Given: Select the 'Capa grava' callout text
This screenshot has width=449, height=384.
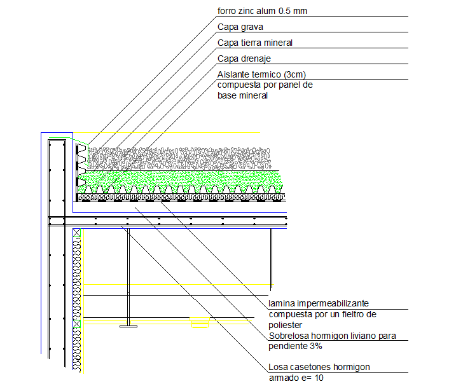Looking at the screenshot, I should coord(240,27).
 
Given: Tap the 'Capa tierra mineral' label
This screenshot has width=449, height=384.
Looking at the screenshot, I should coord(254,43).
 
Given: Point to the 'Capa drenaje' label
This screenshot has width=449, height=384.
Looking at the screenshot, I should coord(244,58).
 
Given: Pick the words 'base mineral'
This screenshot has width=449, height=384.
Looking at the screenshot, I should coord(242,96).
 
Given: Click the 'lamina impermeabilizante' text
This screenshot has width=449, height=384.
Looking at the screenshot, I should coord(318,304).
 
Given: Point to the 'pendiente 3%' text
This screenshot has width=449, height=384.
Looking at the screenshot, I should coord(295,346).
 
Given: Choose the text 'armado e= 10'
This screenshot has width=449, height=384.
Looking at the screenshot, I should coord(296,378).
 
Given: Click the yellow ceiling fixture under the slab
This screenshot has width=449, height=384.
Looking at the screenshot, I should coord(200,324).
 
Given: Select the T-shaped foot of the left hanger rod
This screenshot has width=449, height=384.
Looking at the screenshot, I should coord(128,326).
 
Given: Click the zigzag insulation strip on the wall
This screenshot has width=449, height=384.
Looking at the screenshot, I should coord(78,286).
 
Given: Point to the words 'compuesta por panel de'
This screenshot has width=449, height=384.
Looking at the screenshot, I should coord(265,85).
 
